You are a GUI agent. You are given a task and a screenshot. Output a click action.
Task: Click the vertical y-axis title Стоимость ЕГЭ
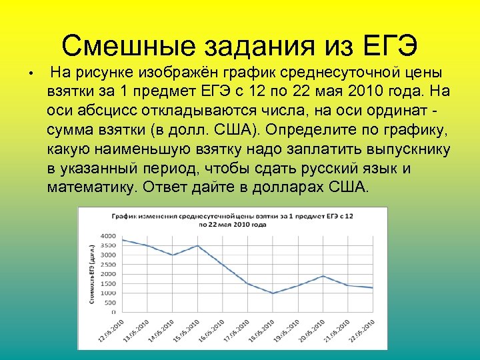tap(91, 274)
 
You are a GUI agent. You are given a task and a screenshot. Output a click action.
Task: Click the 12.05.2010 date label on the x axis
tap(111, 330)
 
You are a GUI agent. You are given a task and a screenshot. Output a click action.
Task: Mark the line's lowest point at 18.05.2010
tap(273, 293)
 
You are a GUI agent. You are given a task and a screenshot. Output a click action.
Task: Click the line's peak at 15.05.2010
tap(197, 246)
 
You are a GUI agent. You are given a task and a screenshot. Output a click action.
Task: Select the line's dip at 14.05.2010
tap(173, 255)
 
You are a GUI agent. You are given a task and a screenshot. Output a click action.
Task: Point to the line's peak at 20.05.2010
tap(323, 276)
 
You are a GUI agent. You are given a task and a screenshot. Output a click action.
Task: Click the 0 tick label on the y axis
tap(113, 312)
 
